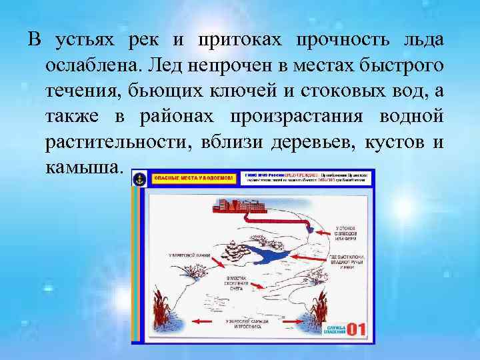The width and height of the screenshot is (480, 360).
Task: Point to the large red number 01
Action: pyautogui.click(x=356, y=329)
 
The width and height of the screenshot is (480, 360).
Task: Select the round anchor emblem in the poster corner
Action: pyautogui.click(x=139, y=179)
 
